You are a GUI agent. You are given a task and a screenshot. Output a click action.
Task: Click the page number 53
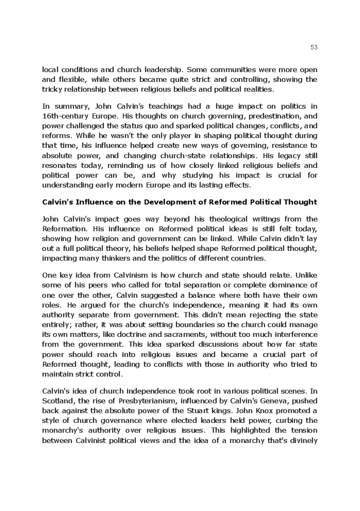[x=314, y=47]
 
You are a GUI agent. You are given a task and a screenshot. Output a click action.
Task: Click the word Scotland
[x=59, y=401]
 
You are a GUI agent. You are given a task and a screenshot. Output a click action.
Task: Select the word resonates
[x=60, y=165]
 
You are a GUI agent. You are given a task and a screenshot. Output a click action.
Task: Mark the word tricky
[x=52, y=89]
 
